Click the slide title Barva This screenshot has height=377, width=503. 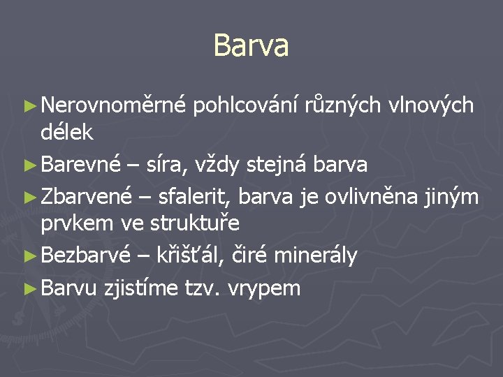[x=251, y=45]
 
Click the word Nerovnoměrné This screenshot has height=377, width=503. [x=113, y=105]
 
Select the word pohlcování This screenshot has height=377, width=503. [x=247, y=106]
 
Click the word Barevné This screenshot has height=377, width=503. [x=81, y=165]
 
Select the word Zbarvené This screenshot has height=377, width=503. [x=86, y=198]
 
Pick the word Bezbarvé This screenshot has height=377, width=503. [x=85, y=256]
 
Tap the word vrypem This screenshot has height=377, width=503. [x=263, y=288]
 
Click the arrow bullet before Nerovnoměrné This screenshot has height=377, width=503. [x=28, y=106]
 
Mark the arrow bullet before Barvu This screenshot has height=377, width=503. [x=28, y=288]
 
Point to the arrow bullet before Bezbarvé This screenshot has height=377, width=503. [x=28, y=256]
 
